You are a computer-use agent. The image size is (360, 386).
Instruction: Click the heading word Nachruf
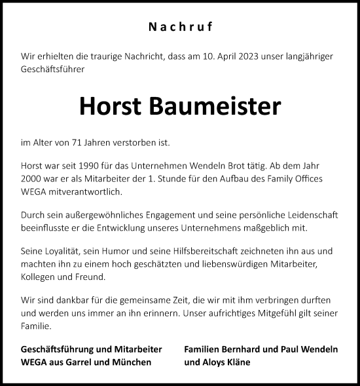tap(180, 28)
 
